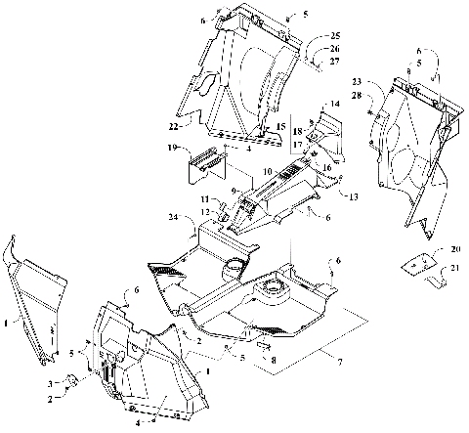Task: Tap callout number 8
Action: click(x=274, y=360)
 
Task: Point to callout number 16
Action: click(x=327, y=167)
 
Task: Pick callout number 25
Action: click(x=335, y=35)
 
